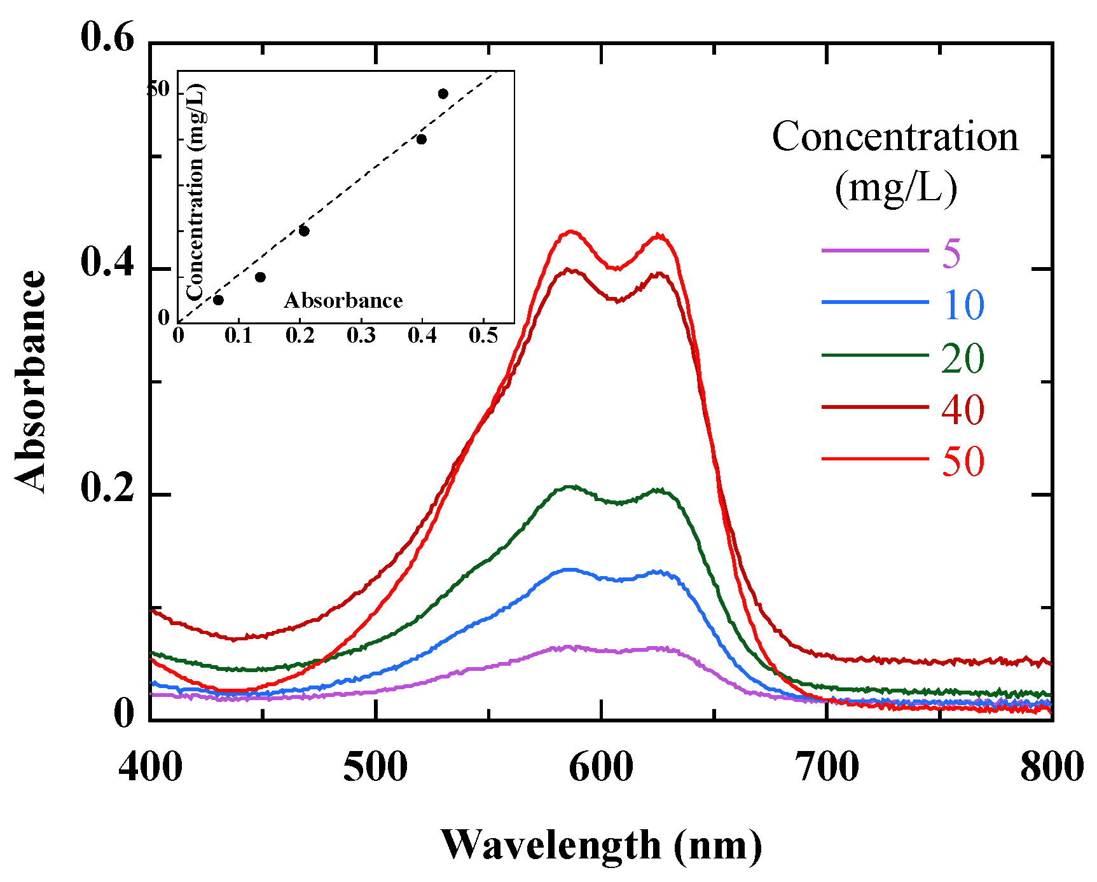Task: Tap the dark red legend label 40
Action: (x=963, y=409)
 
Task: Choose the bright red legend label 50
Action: (x=963, y=461)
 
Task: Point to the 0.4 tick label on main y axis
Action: (x=107, y=263)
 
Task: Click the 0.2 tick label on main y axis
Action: (x=107, y=489)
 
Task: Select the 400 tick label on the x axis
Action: (x=151, y=767)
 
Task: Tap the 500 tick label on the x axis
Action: (x=375, y=767)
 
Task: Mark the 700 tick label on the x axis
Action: (x=827, y=767)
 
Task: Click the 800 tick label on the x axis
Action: (x=1051, y=767)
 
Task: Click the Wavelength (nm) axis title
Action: (x=601, y=845)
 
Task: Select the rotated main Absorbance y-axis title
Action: (x=30, y=382)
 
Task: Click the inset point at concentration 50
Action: (x=443, y=93)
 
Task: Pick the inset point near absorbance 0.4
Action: (x=421, y=139)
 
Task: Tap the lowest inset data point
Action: (x=218, y=300)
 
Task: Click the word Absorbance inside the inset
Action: (x=343, y=300)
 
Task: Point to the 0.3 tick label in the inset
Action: (x=361, y=335)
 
